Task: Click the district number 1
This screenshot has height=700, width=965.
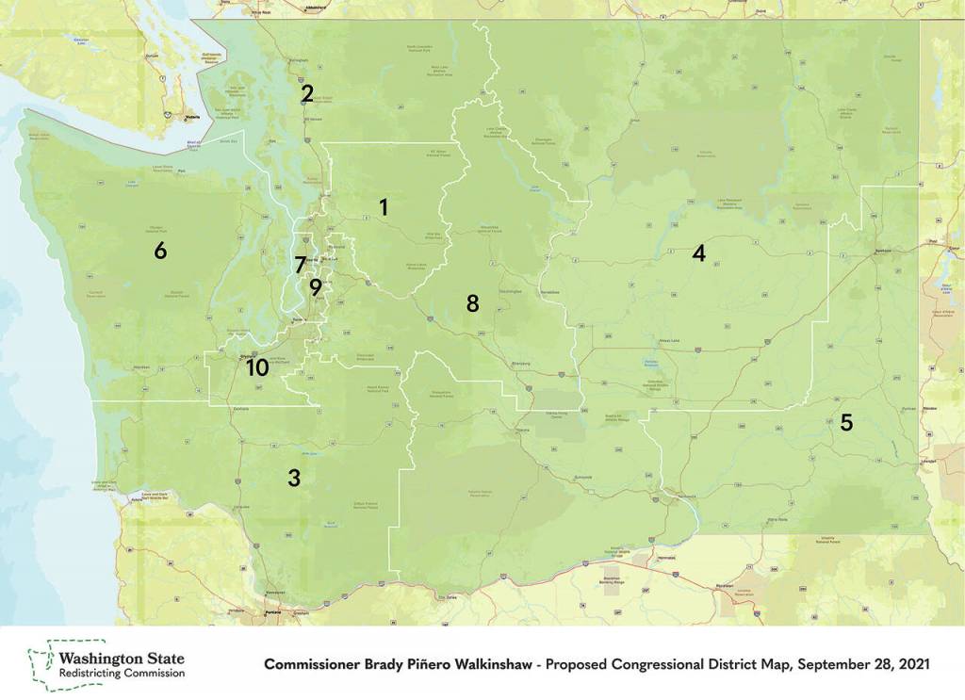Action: (x=384, y=206)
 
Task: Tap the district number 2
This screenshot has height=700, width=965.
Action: (x=307, y=93)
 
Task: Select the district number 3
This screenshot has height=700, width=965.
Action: (x=294, y=478)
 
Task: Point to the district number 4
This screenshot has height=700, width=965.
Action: (x=698, y=252)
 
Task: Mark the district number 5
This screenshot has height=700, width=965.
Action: (x=846, y=422)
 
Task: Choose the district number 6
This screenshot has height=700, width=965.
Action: (x=161, y=251)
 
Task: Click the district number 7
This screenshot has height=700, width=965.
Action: (x=300, y=265)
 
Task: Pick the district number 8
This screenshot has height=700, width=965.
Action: (x=472, y=302)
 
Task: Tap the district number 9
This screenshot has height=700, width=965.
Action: (x=315, y=285)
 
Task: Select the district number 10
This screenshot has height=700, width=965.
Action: (x=257, y=367)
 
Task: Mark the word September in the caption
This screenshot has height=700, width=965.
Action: (x=832, y=664)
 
